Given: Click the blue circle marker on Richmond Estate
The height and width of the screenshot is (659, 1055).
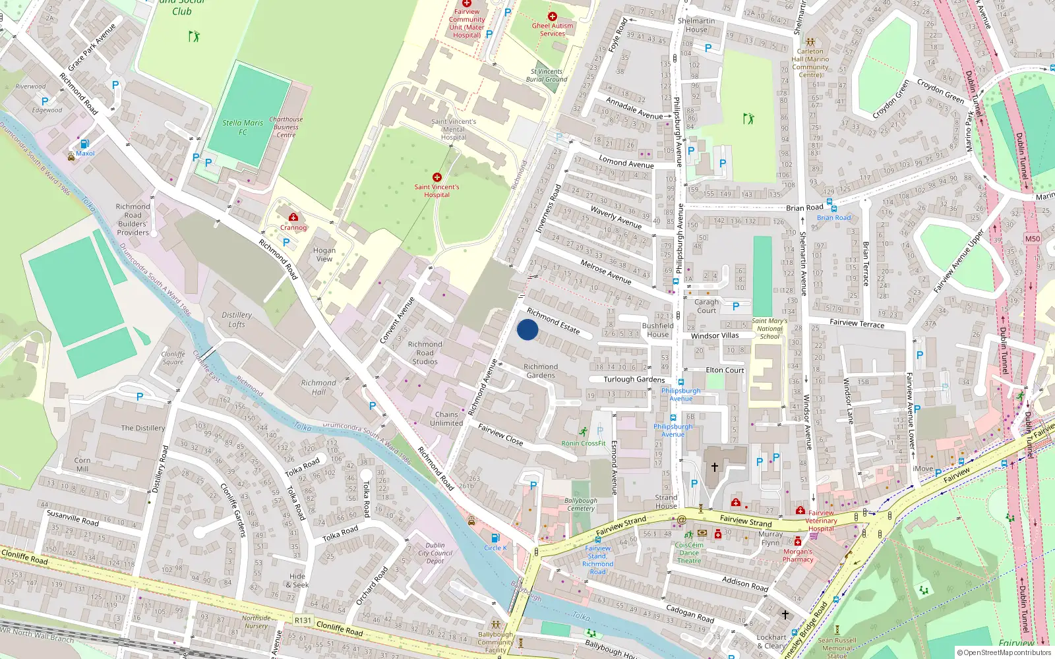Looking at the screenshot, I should click(527, 329).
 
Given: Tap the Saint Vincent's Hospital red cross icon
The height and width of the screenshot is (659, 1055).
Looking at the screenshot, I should click(437, 177).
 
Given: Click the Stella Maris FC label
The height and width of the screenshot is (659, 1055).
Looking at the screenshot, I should click(243, 127).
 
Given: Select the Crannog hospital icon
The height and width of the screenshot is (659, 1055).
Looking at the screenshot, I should click(293, 217).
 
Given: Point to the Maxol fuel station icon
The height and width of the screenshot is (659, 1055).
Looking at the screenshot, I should click(84, 144).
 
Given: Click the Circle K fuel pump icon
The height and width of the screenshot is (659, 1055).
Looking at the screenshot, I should click(495, 538).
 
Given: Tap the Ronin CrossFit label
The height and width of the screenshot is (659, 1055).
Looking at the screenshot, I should click(584, 443).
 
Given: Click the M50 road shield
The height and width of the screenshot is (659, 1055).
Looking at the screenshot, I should click(1033, 239).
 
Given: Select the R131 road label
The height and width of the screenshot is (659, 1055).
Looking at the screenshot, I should click(303, 620).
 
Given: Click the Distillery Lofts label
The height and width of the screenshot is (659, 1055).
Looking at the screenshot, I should click(237, 320).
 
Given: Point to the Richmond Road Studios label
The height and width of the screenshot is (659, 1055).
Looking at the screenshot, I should click(425, 353).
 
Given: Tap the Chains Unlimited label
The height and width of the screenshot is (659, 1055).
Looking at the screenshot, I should click(446, 419).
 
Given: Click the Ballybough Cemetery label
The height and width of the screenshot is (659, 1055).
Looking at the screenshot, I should click(581, 505).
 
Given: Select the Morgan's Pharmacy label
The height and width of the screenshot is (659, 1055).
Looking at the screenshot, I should click(798, 556).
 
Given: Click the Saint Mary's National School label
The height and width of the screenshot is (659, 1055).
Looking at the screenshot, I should click(769, 329).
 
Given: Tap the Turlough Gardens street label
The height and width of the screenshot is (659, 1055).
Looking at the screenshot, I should click(634, 380).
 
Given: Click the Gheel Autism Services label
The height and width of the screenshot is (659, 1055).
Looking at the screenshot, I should click(553, 30).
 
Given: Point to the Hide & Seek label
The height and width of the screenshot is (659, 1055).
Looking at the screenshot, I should click(299, 581).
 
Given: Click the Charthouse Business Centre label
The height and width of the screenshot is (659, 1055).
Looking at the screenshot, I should click(286, 127).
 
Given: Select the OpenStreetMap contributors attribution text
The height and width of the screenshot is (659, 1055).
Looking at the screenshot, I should click(1004, 653).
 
